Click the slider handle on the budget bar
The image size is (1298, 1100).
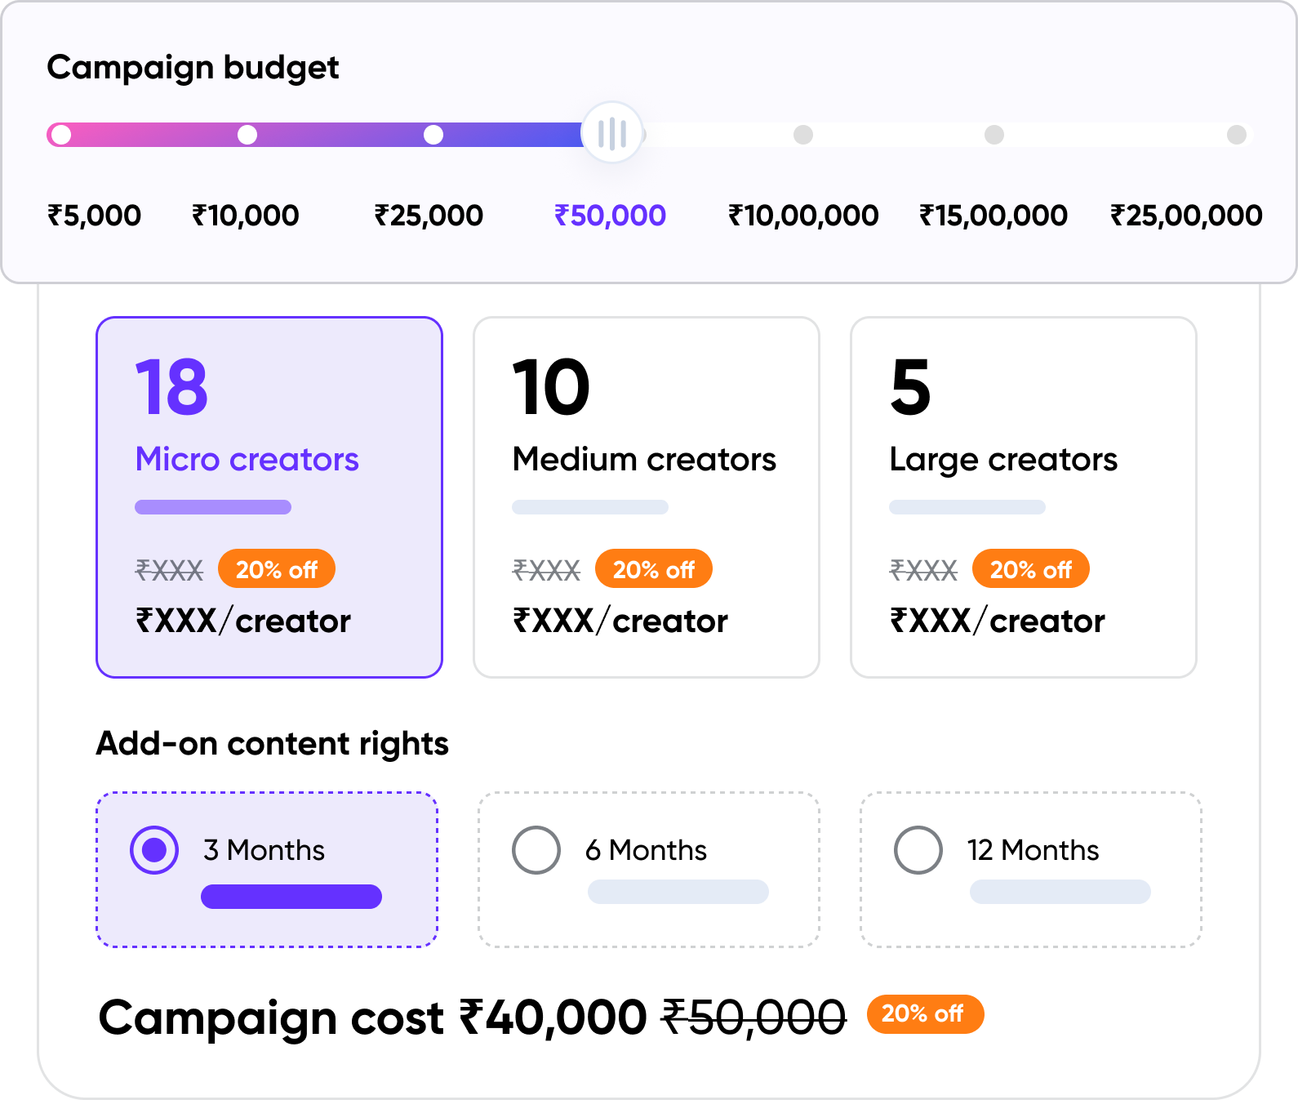pyautogui.click(x=611, y=133)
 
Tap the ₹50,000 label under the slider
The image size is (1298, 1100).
pyautogui.click(x=610, y=216)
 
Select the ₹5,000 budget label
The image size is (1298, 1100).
pyautogui.click(x=94, y=216)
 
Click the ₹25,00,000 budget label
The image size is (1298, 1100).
pyautogui.click(x=1185, y=216)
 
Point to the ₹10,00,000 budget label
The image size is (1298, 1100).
pyautogui.click(x=802, y=216)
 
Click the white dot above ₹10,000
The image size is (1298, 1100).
pyautogui.click(x=247, y=135)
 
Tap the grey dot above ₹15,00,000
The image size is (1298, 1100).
pyautogui.click(x=994, y=135)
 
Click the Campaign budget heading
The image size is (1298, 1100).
pyautogui.click(x=193, y=67)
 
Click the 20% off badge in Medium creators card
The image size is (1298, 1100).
pyautogui.click(x=653, y=569)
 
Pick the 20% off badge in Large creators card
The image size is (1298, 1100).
pyautogui.click(x=1030, y=569)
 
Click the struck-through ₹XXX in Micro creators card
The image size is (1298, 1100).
pyautogui.click(x=169, y=569)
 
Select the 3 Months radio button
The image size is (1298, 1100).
pyautogui.click(x=154, y=850)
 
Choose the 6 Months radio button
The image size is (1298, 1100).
pyautogui.click(x=536, y=850)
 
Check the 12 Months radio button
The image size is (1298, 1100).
pyautogui.click(x=918, y=850)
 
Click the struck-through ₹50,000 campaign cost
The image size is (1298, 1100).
pyautogui.click(x=753, y=1018)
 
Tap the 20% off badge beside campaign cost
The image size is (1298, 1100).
pyautogui.click(x=925, y=1014)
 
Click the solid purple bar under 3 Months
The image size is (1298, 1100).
pyautogui.click(x=291, y=897)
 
